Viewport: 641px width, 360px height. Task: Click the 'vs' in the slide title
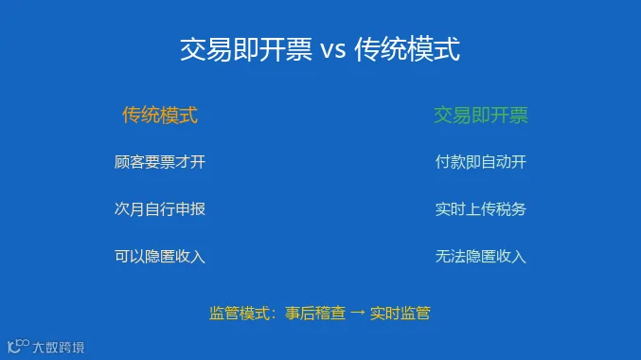(332, 51)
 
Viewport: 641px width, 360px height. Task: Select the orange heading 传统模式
(160, 115)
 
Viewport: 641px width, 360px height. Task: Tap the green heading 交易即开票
(481, 115)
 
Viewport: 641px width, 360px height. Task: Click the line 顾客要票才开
(160, 162)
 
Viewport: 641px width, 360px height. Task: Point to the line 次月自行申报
(160, 209)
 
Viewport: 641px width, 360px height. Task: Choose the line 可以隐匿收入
(160, 257)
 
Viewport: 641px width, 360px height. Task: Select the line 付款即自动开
(481, 162)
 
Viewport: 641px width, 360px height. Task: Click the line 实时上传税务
(481, 209)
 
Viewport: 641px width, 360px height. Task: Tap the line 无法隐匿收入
(481, 257)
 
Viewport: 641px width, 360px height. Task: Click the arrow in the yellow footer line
(358, 313)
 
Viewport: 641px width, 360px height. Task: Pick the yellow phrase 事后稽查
(315, 314)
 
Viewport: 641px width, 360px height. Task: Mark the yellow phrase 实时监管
(401, 314)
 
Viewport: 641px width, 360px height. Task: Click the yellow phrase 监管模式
(240, 314)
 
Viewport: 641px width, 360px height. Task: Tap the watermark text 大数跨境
(59, 348)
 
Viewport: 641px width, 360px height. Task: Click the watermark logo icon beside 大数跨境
(18, 346)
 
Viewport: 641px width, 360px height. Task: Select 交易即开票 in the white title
(245, 49)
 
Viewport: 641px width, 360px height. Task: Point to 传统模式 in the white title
(407, 49)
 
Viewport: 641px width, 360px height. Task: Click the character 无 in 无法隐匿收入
(443, 257)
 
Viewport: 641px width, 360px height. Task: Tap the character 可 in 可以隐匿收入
(122, 257)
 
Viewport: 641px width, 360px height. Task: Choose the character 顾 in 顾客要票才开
(122, 162)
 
